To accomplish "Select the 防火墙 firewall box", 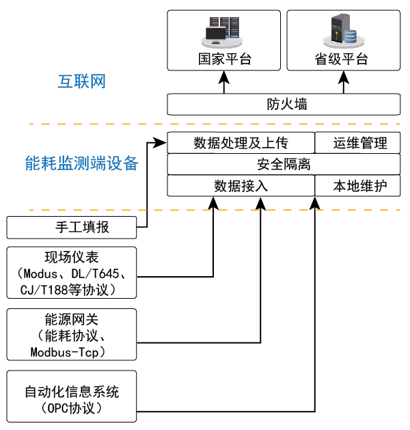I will coord(284,105).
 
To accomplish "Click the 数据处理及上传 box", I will coord(240,144).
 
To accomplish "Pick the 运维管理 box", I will coord(357,144).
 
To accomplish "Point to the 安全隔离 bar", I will coord(284,165).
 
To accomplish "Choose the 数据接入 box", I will coord(240,186).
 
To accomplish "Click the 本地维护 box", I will coord(357,186).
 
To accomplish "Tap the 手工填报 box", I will coord(72,227).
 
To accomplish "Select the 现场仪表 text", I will coord(72,257).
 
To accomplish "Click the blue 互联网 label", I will coord(81,82).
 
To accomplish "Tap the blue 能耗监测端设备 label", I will coord(81,163).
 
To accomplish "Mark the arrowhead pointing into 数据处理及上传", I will coord(163,144).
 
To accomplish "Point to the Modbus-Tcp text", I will coord(72,351).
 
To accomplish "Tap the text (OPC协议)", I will coord(72,408).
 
